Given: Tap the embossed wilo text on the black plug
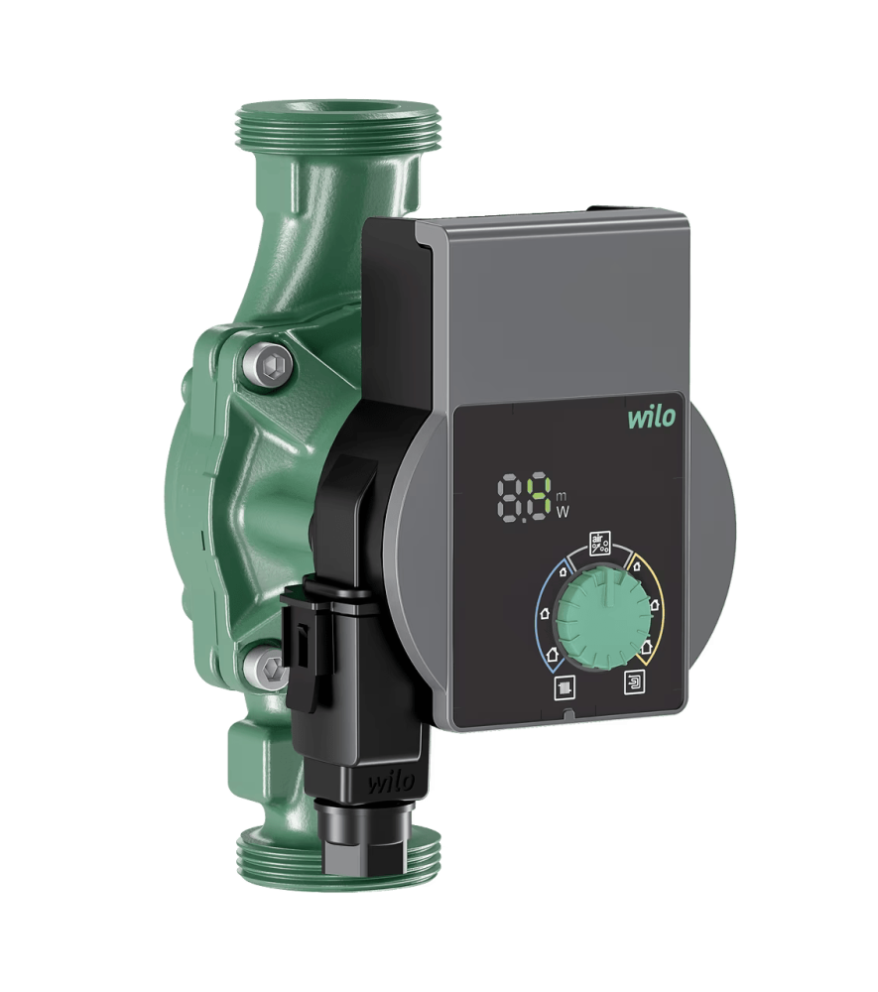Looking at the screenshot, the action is coord(392,783).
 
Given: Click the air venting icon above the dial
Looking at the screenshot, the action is coord(599,543).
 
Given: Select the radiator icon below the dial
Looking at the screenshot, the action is coord(564,687).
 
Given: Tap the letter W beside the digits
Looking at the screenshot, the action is coord(562,513).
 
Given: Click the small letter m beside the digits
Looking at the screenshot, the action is coord(561,497).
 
